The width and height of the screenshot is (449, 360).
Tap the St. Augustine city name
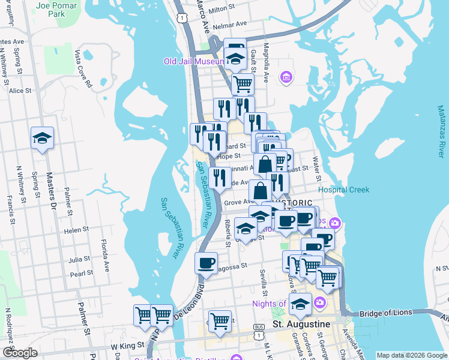[301, 324]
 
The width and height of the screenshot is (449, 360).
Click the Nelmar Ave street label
[231, 24]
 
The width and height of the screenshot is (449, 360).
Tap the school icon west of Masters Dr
[42, 139]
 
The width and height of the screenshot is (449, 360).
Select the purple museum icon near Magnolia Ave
[286, 77]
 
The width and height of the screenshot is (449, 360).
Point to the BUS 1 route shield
[258, 328]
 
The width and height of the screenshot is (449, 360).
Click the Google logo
[19, 353]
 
